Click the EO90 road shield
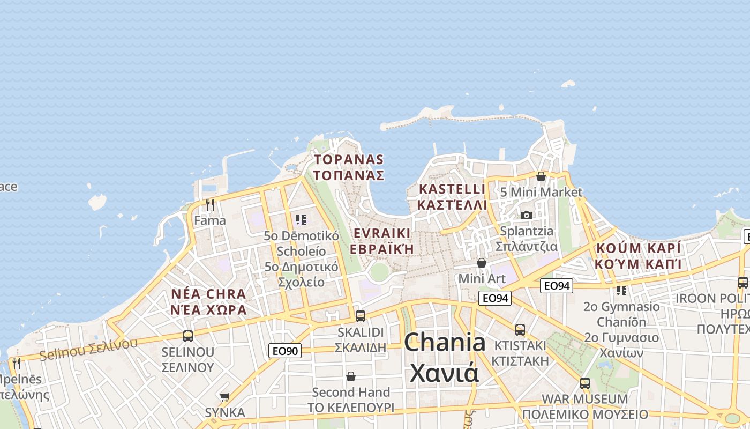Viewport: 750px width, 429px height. pyautogui.click(x=284, y=351)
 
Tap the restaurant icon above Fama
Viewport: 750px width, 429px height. pyautogui.click(x=210, y=204)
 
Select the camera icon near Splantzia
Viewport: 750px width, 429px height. pyautogui.click(x=527, y=215)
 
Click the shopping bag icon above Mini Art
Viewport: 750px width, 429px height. pyautogui.click(x=482, y=263)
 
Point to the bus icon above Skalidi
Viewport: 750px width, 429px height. pyautogui.click(x=361, y=316)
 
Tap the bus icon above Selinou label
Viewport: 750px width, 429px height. pyautogui.click(x=188, y=336)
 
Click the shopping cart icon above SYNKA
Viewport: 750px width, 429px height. pyautogui.click(x=224, y=397)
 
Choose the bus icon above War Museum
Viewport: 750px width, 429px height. pyautogui.click(x=585, y=383)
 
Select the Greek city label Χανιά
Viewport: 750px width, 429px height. pyautogui.click(x=445, y=373)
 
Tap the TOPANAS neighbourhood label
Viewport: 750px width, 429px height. pyautogui.click(x=349, y=159)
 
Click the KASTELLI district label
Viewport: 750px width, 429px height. pyautogui.click(x=452, y=189)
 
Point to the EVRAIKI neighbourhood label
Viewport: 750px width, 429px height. pyautogui.click(x=382, y=233)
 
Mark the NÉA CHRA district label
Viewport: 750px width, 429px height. pyautogui.click(x=208, y=294)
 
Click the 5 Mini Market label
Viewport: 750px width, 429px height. pyautogui.click(x=541, y=192)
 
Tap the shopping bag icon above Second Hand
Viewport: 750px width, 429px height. pyautogui.click(x=351, y=376)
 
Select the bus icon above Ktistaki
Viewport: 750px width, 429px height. pyautogui.click(x=520, y=329)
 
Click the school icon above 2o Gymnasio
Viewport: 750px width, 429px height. pyautogui.click(x=621, y=291)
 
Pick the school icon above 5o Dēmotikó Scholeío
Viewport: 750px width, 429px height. pyautogui.click(x=301, y=219)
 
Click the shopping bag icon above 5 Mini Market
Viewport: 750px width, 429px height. pyautogui.click(x=541, y=176)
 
